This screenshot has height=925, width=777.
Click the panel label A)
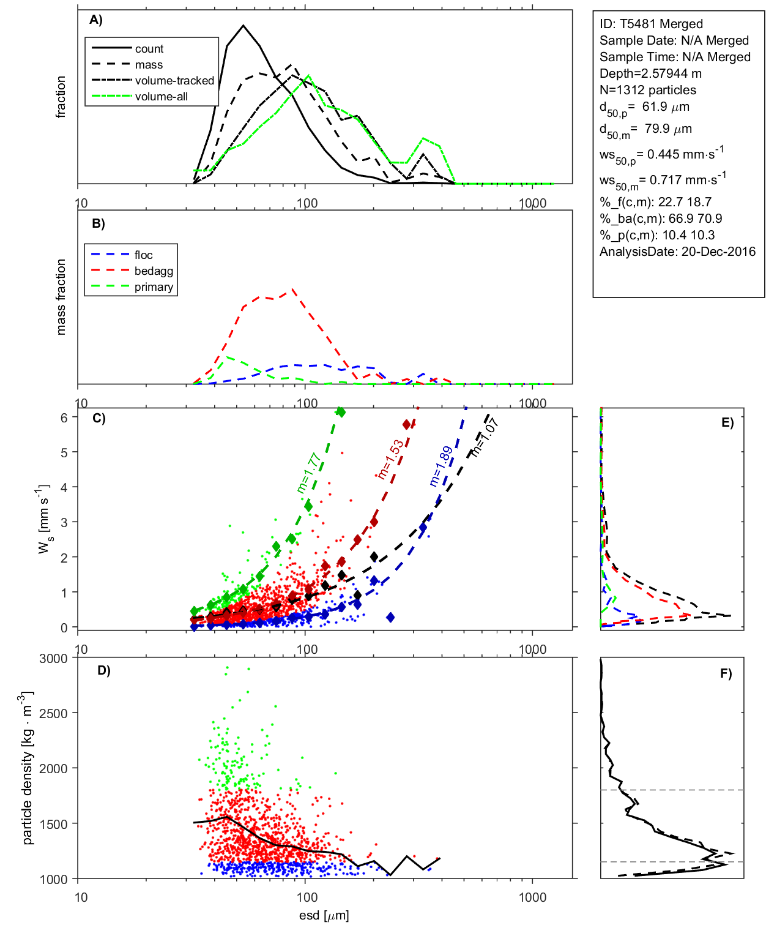96,20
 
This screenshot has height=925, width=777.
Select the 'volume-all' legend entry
161,97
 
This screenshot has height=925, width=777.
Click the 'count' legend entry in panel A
149,49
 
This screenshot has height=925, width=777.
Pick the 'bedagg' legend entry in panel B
154,271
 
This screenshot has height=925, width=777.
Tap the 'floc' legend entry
144,255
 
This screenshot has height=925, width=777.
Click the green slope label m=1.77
309,473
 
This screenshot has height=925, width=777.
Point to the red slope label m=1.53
390,459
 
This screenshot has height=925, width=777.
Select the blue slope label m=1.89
441,466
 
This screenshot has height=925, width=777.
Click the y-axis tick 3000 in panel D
53,659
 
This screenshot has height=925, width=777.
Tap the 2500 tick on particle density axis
53,714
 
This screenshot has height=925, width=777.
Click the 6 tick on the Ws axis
64,418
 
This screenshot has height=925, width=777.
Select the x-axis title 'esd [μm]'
324,916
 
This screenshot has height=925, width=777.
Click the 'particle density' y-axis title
28,768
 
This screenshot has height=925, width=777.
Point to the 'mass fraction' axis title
61,297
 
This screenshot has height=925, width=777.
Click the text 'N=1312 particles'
648,90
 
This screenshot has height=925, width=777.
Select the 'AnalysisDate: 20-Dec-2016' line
677,252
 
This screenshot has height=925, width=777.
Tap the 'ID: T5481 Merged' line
651,24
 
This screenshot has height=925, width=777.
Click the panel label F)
726,673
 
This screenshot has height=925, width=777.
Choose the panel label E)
727,422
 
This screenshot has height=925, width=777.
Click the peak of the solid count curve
244,26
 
